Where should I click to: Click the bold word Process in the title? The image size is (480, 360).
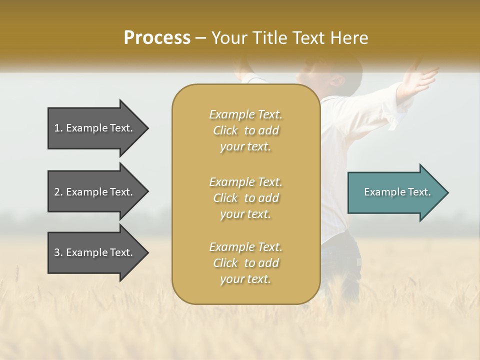coord(157,38)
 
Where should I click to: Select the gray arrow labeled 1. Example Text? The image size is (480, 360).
coord(95,128)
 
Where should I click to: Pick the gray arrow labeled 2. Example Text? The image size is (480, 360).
coord(95,192)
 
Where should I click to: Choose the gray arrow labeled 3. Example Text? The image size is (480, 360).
coord(95,252)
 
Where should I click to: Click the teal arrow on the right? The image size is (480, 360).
coord(395,192)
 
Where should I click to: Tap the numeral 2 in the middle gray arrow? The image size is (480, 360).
coord(57,192)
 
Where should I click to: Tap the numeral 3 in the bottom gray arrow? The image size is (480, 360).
coord(57,252)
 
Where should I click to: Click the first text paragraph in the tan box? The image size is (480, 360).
coord(245,130)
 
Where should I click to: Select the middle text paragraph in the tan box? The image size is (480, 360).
coord(245,198)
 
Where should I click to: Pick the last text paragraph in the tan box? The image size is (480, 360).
coord(245,263)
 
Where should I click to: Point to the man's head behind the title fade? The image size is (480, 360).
coord(345,75)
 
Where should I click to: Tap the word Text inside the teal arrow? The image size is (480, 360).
coord(419,192)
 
